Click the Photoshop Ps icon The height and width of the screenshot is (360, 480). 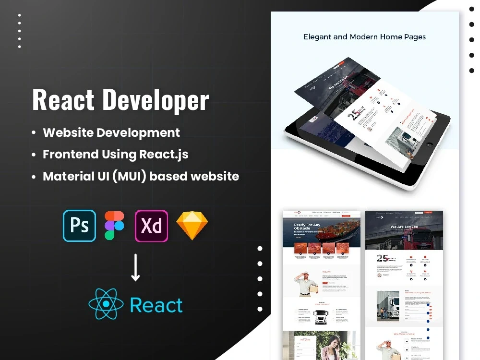click(x=79, y=226)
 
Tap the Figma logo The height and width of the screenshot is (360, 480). click(x=114, y=226)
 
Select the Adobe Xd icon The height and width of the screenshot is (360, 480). click(x=151, y=226)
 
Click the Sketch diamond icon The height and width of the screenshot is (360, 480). click(x=192, y=226)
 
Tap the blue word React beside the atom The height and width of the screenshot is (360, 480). click(x=156, y=305)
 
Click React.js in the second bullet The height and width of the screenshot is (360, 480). click(x=164, y=154)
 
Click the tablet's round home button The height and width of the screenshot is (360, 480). click(x=430, y=144)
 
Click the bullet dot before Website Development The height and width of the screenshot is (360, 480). click(x=34, y=133)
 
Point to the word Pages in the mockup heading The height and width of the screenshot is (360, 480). click(x=414, y=36)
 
